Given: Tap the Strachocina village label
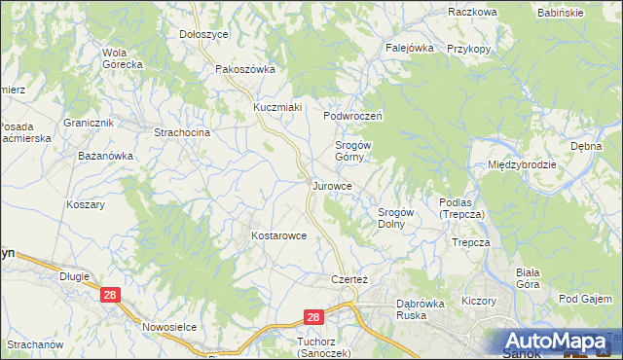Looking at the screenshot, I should [183, 130].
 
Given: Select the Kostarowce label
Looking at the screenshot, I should [279, 235].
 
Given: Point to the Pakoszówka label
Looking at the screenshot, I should [245, 69].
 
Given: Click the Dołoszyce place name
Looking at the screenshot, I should [203, 34].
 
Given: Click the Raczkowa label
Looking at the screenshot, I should [473, 12].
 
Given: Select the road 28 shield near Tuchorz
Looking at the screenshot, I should [311, 317].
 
